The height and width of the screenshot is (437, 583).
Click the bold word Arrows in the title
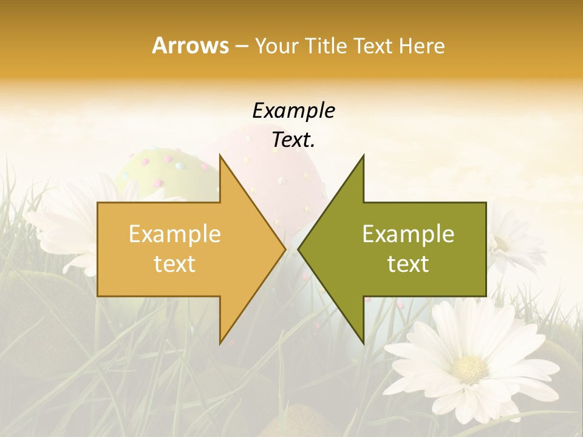point(190,46)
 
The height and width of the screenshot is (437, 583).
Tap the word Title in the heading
point(326,46)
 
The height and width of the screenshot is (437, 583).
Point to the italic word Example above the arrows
point(293,110)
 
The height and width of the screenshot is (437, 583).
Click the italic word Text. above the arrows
point(293,140)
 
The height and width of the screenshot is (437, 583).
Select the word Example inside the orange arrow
point(174,234)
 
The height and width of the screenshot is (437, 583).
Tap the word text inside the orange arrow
point(174,263)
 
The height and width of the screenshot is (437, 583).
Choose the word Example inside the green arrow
point(408,234)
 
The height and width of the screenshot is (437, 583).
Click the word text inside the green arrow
point(408,263)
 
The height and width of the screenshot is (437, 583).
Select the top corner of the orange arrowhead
point(220,156)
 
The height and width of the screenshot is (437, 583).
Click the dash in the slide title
point(241,46)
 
